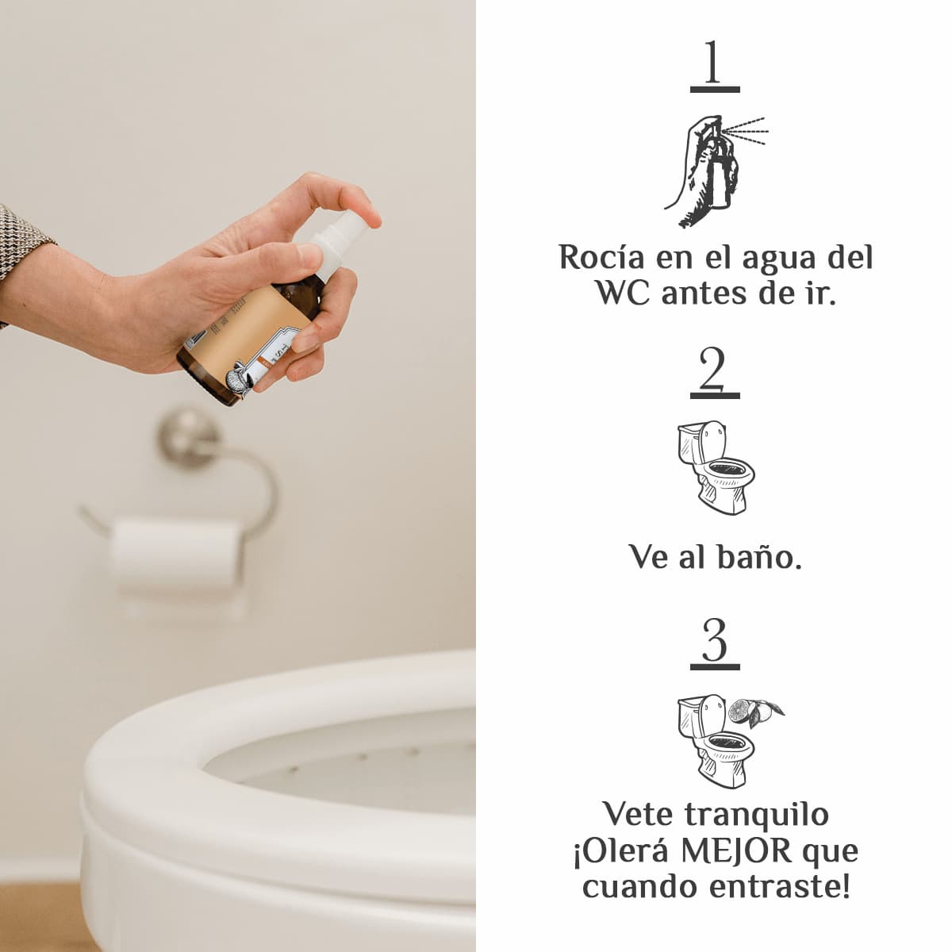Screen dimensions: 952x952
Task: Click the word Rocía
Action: tap(601, 257)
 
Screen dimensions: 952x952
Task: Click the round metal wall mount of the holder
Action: tap(186, 438)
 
